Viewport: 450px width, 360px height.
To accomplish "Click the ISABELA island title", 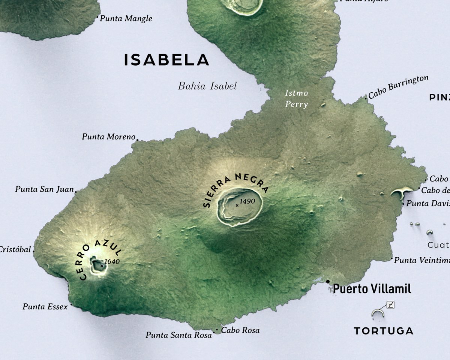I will pos(166,60).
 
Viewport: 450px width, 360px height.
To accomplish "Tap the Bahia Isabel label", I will pos(207,86).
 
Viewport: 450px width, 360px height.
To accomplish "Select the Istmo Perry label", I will pos(296,99).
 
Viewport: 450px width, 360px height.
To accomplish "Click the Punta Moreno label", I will pos(108,137).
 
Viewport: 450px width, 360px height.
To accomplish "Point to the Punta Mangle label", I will pos(126,18).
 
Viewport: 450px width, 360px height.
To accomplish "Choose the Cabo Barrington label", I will pos(398,87).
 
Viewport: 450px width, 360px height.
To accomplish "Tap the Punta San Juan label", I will pos(44,189).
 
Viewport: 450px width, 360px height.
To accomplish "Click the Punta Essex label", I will pos(45,307).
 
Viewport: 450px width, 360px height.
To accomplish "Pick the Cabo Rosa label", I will pos(240,330).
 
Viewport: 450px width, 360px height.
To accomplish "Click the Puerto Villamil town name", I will pos(372,289).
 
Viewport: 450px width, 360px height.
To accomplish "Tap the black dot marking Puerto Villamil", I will pos(328,281).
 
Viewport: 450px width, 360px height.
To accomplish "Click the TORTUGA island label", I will pos(384,331).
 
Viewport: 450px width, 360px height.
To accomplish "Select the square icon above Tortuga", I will pos(390,305).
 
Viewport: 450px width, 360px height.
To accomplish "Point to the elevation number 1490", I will pos(247,201).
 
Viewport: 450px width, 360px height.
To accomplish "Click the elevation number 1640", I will pos(112,261).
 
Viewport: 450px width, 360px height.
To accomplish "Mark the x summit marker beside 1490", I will pos(237,205).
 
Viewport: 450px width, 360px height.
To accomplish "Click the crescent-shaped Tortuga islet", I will pos(378,312).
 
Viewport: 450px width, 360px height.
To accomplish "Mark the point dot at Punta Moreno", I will pos(137,140).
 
